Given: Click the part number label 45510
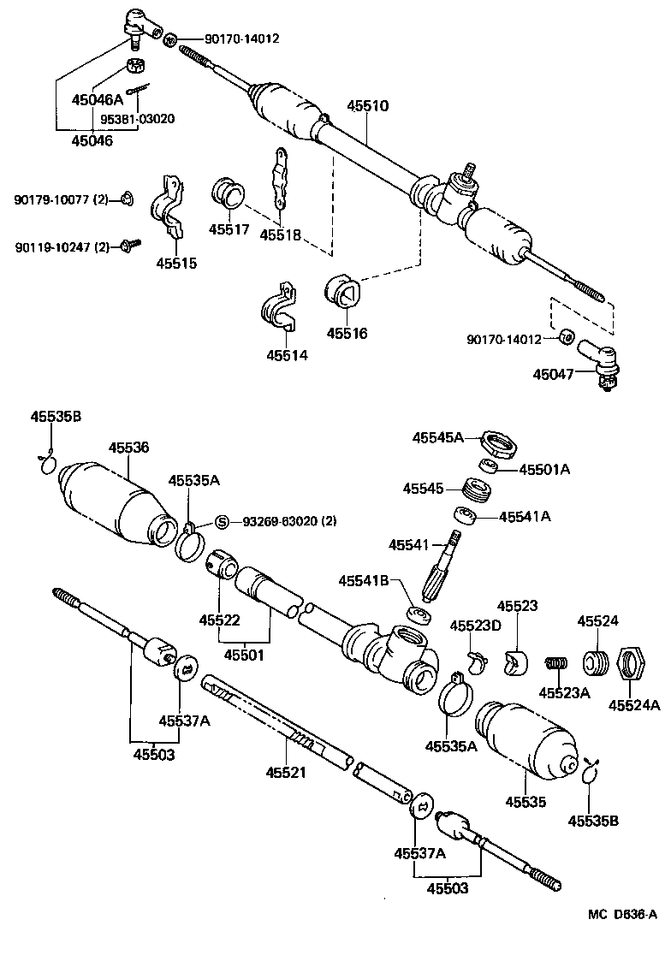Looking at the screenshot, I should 367,107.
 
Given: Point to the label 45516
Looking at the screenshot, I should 347,333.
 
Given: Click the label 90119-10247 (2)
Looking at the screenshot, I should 62,247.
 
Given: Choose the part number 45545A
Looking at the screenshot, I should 437,437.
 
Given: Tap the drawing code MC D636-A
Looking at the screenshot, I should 621,914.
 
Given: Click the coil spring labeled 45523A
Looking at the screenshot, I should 557,663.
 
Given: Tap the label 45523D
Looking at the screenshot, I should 476,625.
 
